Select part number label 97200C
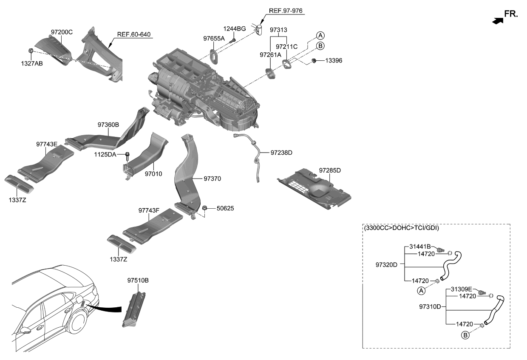tap(62, 32)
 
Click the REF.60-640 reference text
tap(134, 34)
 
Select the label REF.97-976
tap(286, 11)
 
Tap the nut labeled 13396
tap(313, 61)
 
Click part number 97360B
tap(108, 125)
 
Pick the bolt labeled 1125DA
tap(127, 154)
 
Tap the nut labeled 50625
tap(204, 208)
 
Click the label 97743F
tap(149, 210)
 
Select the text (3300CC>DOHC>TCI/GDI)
tap(402, 228)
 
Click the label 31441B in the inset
tap(420, 247)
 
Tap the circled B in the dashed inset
tap(465, 335)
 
